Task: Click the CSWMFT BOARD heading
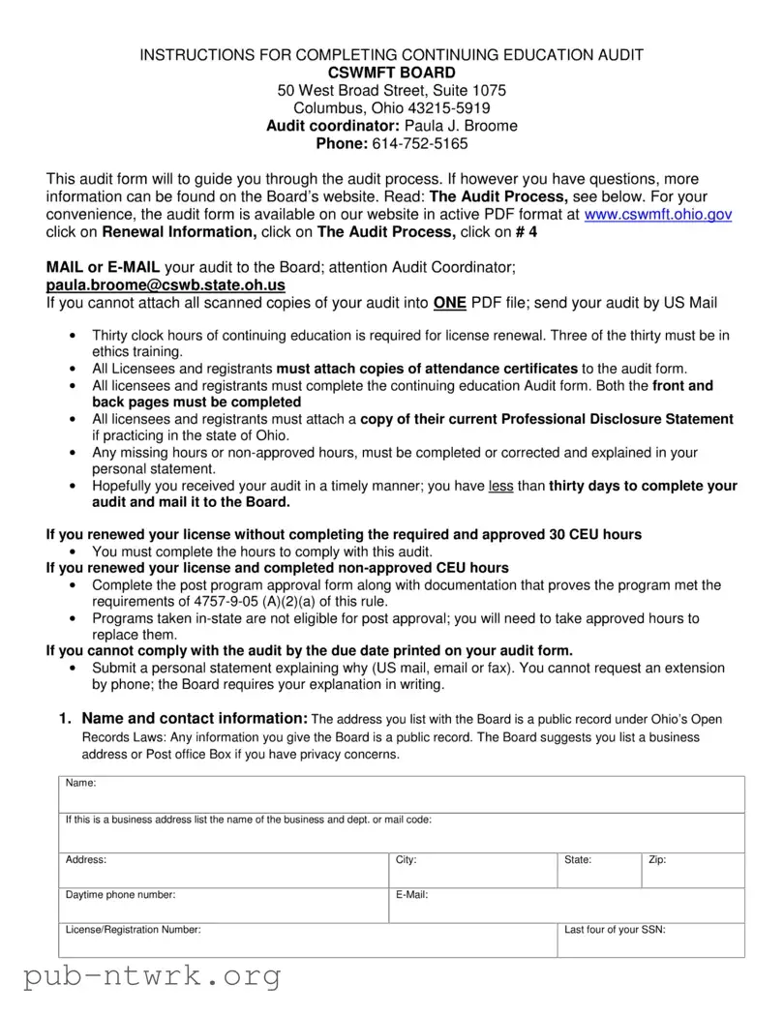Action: point(391,73)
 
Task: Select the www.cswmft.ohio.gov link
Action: point(658,215)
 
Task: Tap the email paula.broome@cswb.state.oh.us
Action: point(166,285)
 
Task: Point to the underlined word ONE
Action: point(450,303)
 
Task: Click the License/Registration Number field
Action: point(310,941)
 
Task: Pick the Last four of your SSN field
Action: point(650,941)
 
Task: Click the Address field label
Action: point(86,859)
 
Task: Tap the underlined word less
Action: point(501,487)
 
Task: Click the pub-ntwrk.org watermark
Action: point(152,978)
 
